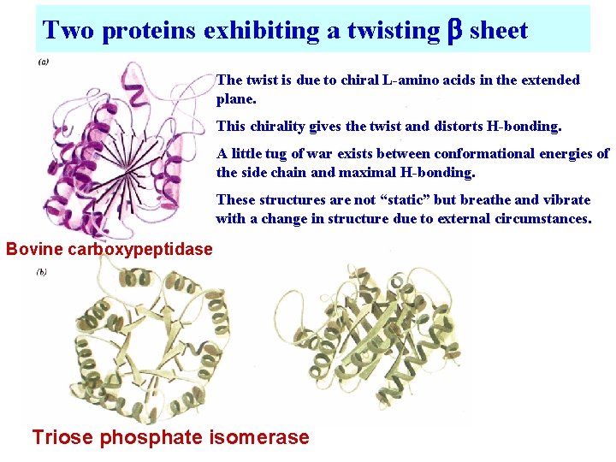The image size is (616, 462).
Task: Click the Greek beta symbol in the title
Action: point(454,32)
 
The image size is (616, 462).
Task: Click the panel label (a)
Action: point(43,61)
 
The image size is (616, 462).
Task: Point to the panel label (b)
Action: point(41,272)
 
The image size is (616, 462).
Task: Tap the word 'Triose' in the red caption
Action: point(62,438)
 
